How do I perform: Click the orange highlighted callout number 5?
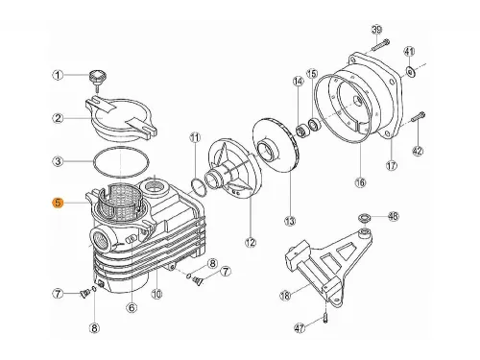point(58,203)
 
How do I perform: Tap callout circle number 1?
point(58,75)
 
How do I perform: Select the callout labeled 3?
point(58,161)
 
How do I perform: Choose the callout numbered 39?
point(376,29)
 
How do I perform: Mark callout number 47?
point(299,328)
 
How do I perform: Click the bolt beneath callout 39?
point(378,45)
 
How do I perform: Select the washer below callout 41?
point(410,70)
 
